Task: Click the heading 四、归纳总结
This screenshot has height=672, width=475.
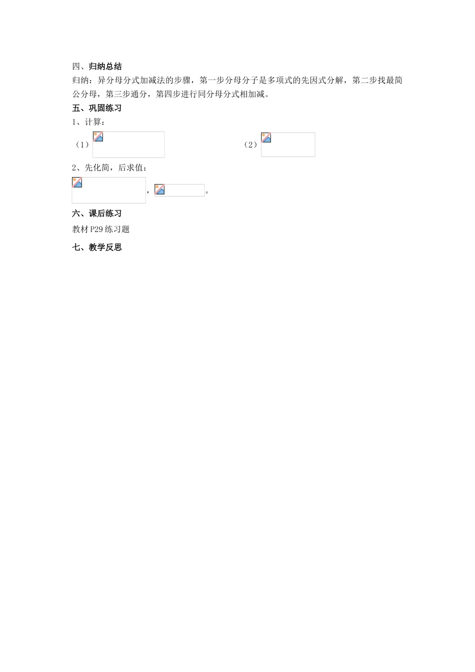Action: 97,66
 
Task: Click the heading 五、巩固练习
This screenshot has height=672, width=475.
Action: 97,108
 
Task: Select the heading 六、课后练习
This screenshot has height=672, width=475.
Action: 97,213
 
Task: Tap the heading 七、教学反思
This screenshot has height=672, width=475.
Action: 97,247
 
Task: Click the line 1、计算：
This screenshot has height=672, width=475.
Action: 89,121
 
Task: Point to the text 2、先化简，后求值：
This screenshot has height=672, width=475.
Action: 109,168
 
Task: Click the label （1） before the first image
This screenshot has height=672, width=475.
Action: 82,145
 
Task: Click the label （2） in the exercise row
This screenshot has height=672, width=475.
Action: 250,145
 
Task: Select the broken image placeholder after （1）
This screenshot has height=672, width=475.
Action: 128,144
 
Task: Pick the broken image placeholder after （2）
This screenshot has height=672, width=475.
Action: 288,144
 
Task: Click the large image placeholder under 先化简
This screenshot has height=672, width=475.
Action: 108,190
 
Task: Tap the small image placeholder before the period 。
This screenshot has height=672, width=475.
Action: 179,190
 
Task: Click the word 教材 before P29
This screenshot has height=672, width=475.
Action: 80,230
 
